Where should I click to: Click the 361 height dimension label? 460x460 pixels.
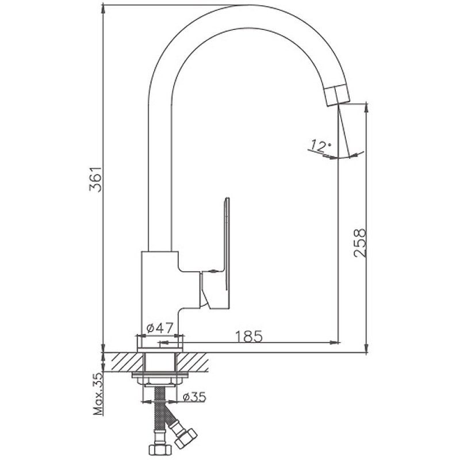[95, 179]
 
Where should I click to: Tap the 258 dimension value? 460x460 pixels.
[360, 243]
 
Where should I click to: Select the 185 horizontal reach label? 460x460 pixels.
[249, 336]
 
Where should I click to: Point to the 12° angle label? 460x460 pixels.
[321, 146]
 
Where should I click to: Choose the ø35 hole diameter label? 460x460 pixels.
[194, 397]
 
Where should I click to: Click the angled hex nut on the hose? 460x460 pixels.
[186, 438]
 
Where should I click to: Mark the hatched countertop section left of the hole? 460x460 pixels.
[123, 362]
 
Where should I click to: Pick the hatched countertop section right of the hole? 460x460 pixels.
[193, 362]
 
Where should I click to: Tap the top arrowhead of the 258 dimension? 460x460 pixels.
[366, 108]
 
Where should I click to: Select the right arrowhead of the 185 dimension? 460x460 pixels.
[335, 342]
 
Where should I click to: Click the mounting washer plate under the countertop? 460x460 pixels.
[160, 375]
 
